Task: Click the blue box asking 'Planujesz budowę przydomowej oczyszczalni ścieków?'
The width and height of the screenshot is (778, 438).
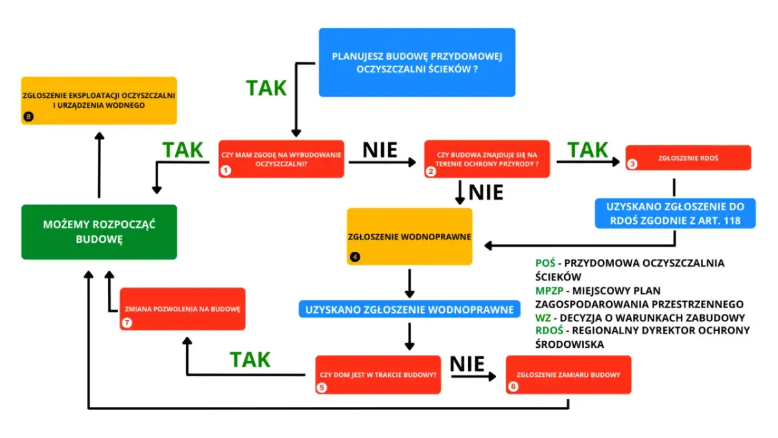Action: tap(417, 62)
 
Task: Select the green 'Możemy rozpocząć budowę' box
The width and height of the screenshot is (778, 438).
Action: tap(99, 232)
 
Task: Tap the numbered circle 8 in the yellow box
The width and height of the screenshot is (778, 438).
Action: tap(28, 116)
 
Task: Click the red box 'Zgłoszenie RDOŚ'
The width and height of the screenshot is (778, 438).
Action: tap(688, 158)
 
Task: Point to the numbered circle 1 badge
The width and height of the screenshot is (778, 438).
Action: tap(226, 171)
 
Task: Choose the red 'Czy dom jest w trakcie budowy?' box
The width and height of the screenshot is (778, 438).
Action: tap(378, 374)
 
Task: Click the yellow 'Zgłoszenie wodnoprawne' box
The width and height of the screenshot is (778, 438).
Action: tap(409, 236)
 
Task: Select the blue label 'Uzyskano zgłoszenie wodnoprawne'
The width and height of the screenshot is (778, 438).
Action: tap(409, 310)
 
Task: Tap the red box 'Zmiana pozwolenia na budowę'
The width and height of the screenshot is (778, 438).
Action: tap(182, 309)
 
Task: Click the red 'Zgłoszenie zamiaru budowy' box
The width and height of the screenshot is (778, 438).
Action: tap(568, 374)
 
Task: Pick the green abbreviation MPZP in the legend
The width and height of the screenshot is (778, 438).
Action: tap(550, 290)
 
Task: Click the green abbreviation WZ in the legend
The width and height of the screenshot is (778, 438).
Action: tap(543, 317)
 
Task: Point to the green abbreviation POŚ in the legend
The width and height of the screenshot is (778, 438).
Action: tap(545, 263)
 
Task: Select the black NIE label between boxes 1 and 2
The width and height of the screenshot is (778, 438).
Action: tap(379, 150)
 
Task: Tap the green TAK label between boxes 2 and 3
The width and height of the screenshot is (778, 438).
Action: tap(587, 150)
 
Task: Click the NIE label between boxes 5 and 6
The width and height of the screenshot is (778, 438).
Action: tap(467, 364)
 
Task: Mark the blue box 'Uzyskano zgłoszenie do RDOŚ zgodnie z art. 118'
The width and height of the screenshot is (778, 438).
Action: tap(675, 213)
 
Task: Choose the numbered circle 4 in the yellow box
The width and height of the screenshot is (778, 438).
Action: tap(355, 256)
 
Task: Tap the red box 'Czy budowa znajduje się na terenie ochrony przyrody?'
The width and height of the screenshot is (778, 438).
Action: tap(486, 159)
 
